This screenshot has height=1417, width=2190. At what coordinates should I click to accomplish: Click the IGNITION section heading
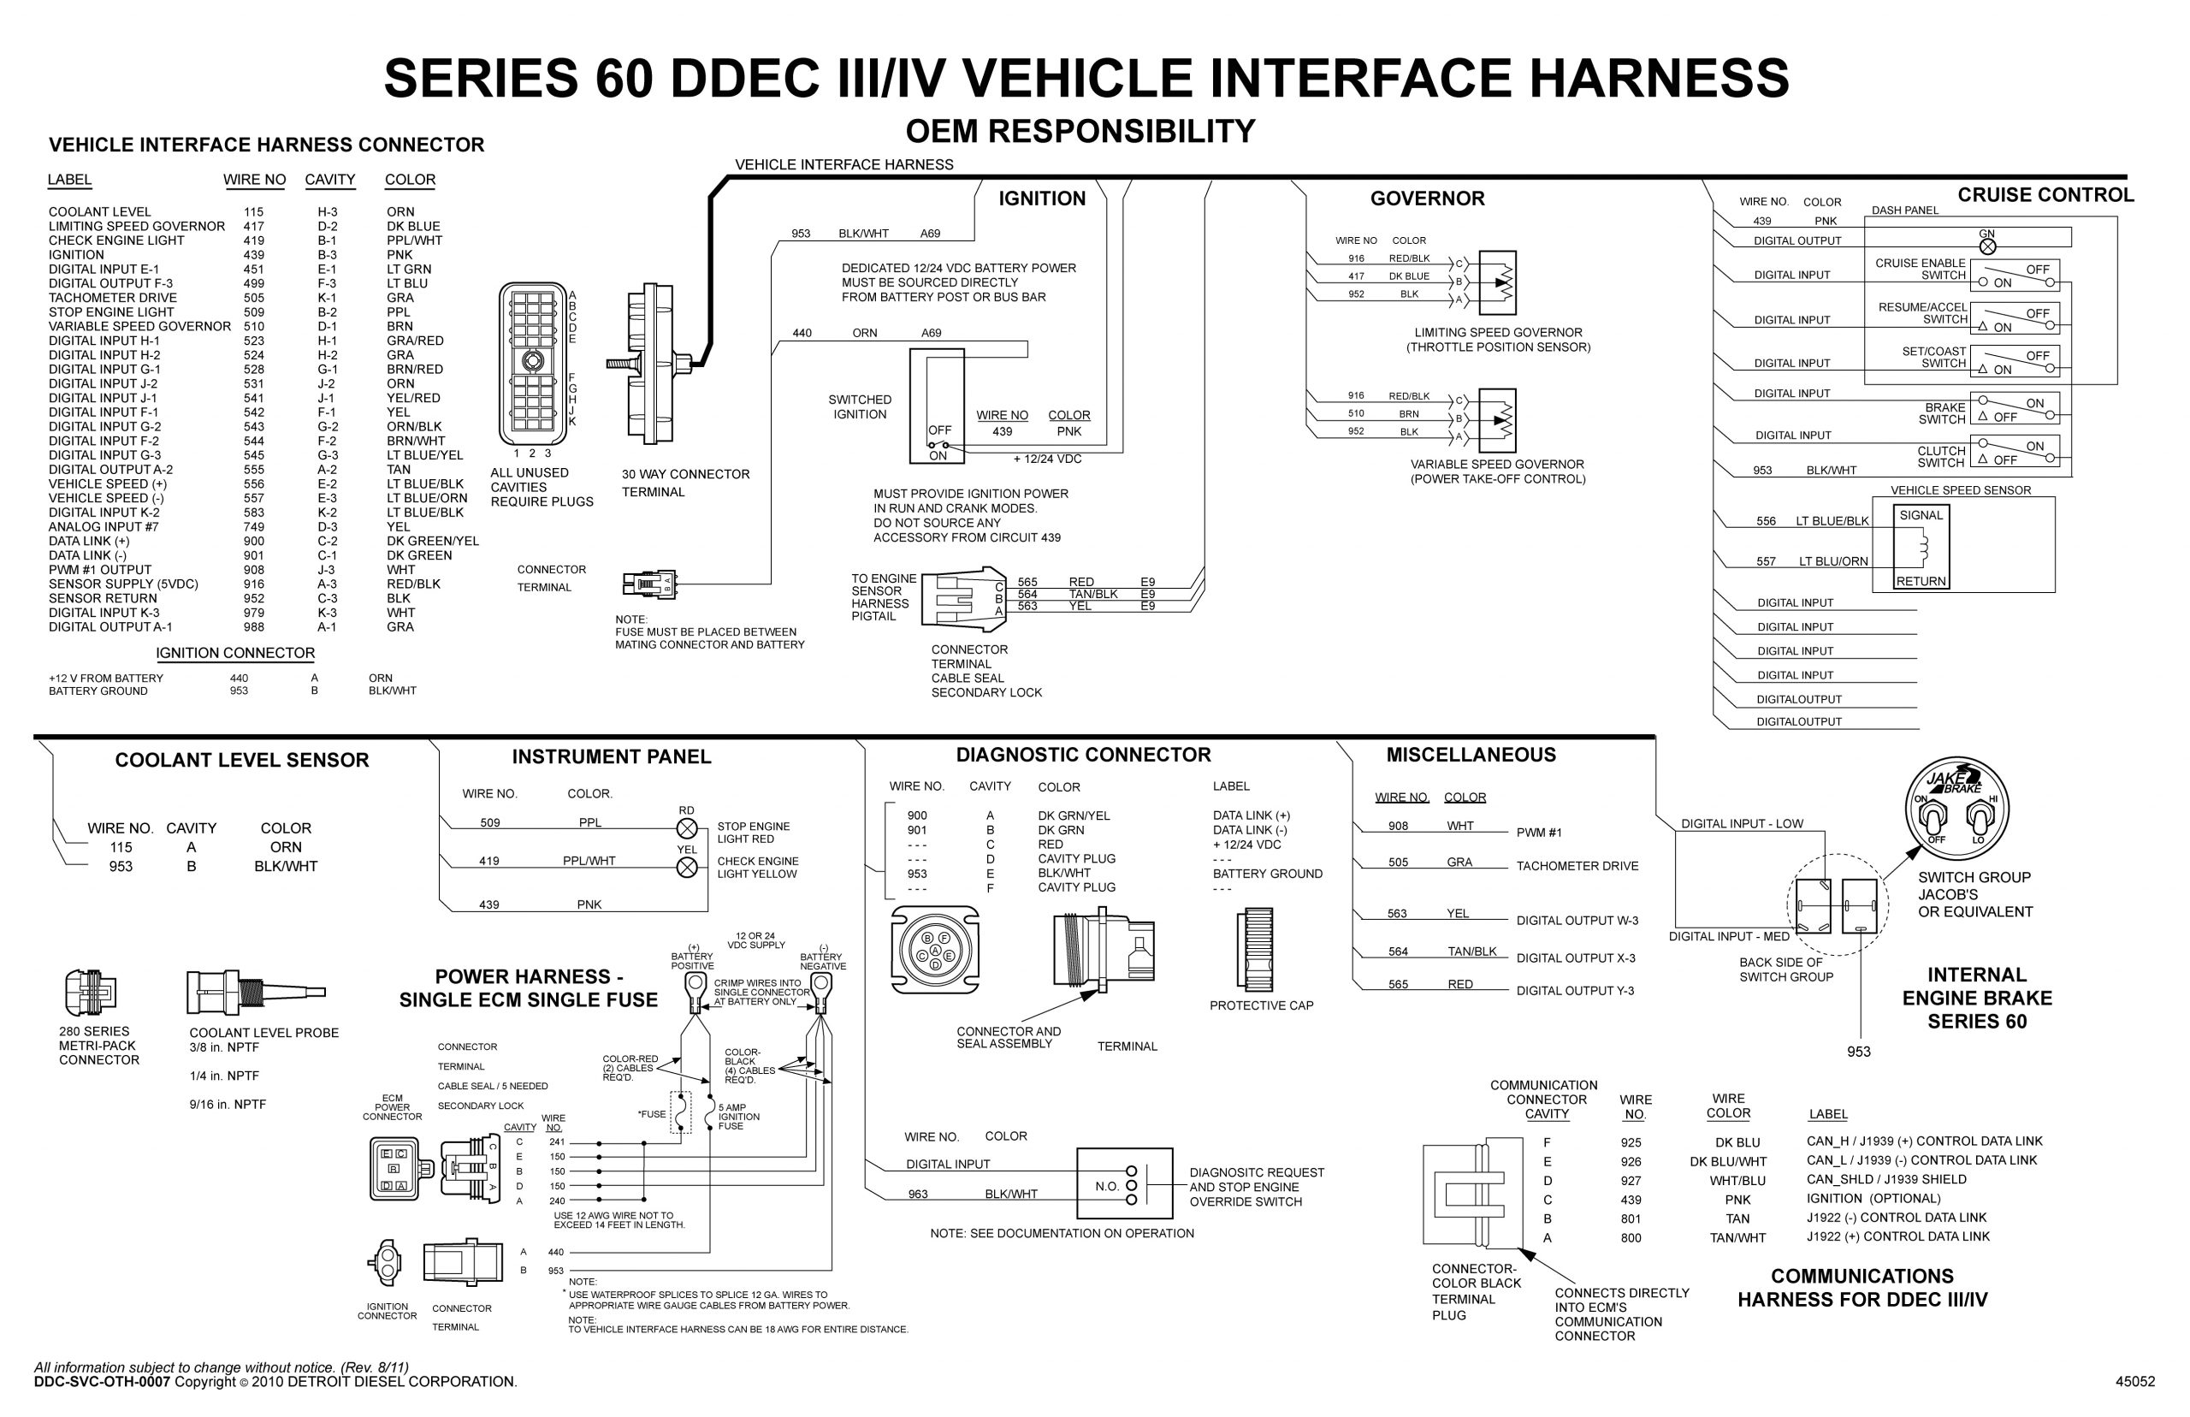click(1041, 199)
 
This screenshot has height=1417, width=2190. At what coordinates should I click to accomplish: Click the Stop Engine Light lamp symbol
click(686, 828)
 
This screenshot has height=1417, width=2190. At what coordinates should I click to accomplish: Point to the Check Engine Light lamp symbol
click(686, 868)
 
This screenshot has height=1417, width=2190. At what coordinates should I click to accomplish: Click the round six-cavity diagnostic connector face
click(934, 951)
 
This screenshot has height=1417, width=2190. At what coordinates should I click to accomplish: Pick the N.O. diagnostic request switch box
click(1124, 1184)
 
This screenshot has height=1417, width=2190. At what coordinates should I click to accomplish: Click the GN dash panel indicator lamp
click(1986, 246)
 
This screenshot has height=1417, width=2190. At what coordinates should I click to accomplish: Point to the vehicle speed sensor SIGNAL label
click(1921, 515)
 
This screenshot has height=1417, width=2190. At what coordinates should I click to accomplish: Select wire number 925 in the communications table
click(1631, 1143)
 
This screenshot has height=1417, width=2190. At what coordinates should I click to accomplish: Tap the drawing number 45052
click(2134, 1381)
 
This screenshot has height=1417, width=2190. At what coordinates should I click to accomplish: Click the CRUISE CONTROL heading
click(2045, 195)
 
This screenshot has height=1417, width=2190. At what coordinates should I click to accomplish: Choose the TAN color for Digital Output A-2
click(399, 469)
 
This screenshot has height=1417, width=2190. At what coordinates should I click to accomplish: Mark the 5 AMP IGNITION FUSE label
click(737, 1117)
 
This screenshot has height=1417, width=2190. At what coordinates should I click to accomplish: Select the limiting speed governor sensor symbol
click(1496, 282)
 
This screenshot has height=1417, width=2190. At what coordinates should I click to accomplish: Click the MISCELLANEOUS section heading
click(1470, 756)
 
